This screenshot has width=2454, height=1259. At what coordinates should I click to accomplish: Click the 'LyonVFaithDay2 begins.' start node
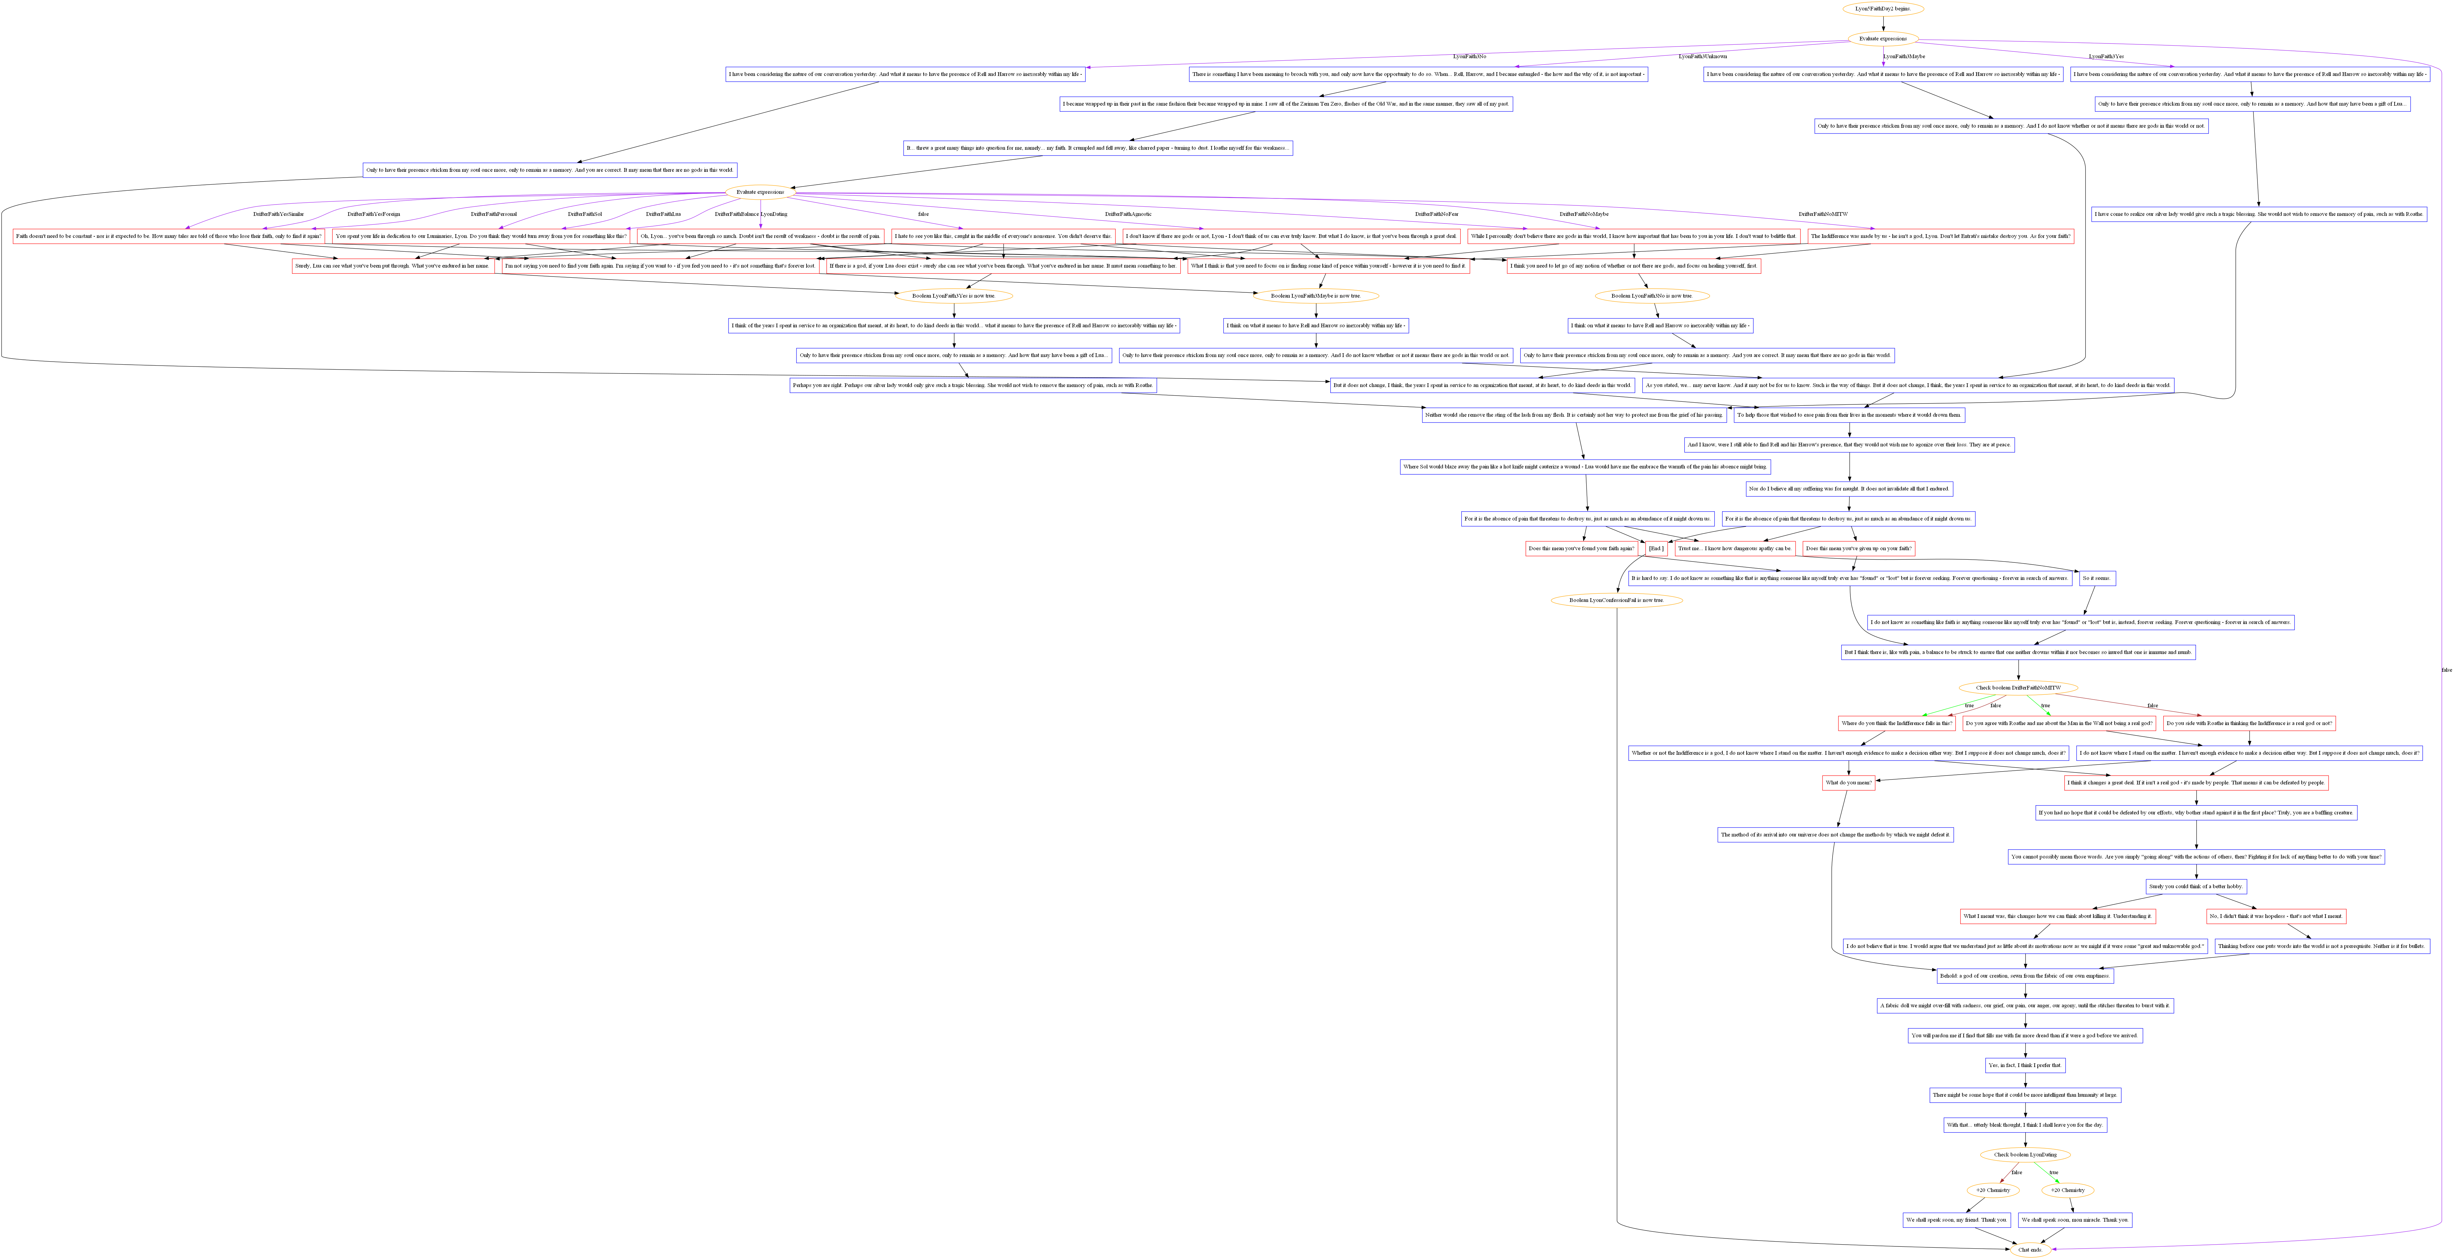pos(1882,9)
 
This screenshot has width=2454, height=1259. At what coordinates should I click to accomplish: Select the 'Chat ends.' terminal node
pos(2029,1250)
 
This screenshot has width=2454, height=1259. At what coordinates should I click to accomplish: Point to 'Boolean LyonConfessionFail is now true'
pos(1616,600)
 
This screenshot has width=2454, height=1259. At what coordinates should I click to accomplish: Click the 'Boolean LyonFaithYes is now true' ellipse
pos(953,295)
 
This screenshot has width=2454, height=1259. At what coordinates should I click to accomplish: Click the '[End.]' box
pos(1656,548)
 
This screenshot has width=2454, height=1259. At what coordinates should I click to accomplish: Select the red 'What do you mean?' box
pos(1848,783)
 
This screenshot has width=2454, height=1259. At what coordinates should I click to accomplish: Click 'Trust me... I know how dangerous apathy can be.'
pos(1735,548)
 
